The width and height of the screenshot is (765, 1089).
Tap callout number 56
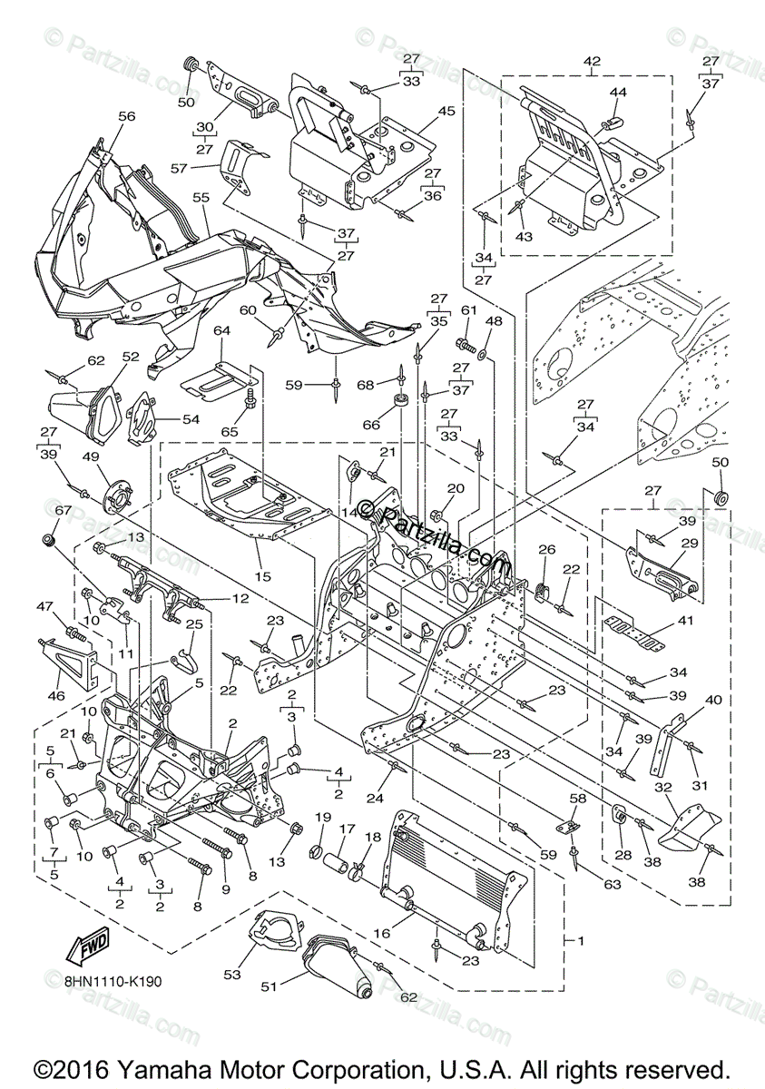[126, 116]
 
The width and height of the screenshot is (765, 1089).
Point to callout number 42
[593, 61]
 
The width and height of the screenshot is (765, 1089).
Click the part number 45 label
[446, 112]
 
